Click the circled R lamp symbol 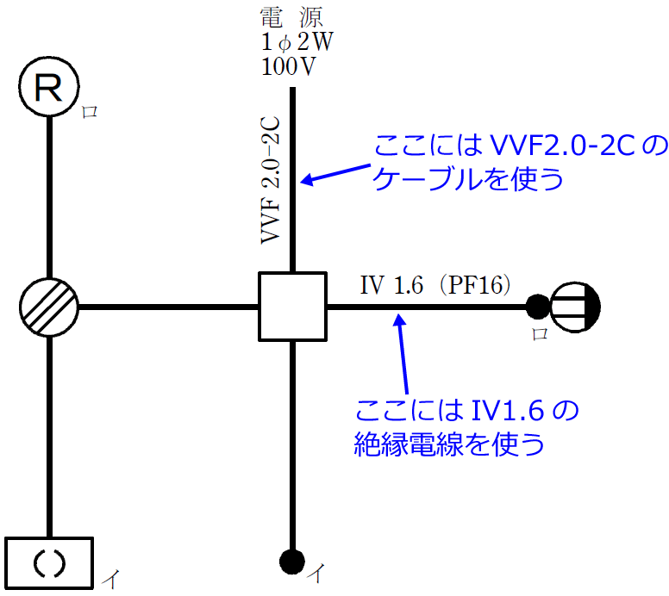point(49,87)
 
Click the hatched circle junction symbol point(48,307)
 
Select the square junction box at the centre point(293,306)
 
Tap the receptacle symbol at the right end point(576,306)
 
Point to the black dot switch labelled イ point(293,562)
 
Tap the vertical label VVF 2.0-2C point(272,182)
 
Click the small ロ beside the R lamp point(90,111)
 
